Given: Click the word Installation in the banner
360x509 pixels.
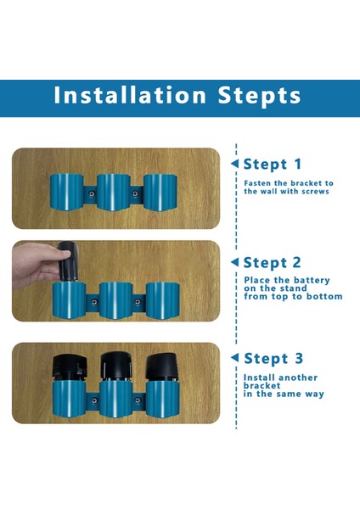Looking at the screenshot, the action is tap(130, 95).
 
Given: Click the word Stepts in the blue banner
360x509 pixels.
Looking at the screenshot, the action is tap(259, 97).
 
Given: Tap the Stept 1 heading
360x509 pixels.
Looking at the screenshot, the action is tap(273, 165).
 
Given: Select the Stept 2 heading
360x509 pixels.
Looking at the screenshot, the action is tap(273, 263).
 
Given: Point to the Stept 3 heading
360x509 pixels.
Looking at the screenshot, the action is tap(273, 359).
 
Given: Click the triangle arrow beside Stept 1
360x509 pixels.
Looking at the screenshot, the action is tap(234, 164).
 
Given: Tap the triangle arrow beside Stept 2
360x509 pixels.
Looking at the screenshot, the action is tap(234, 262).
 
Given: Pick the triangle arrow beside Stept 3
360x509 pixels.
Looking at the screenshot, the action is tap(234, 357).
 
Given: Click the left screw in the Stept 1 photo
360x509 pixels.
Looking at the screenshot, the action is tap(92, 193).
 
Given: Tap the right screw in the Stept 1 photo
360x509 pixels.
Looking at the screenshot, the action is tap(135, 193).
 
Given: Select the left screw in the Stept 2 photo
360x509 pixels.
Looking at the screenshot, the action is tap(94, 302).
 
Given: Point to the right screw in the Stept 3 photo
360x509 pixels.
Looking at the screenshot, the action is tap(138, 400).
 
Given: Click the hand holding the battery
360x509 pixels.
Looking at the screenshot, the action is tap(36, 265).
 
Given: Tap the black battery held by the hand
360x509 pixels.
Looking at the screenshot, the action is tap(68, 261).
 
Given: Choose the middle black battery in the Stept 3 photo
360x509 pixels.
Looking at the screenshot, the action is tap(115, 366).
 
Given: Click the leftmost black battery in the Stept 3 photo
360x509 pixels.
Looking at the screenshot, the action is tap(70, 368).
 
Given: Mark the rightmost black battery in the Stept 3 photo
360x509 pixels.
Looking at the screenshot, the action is tap(162, 366).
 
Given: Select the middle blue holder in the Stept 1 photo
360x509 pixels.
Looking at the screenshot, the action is tap(114, 193).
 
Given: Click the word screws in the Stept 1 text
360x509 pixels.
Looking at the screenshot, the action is tap(315, 192).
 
